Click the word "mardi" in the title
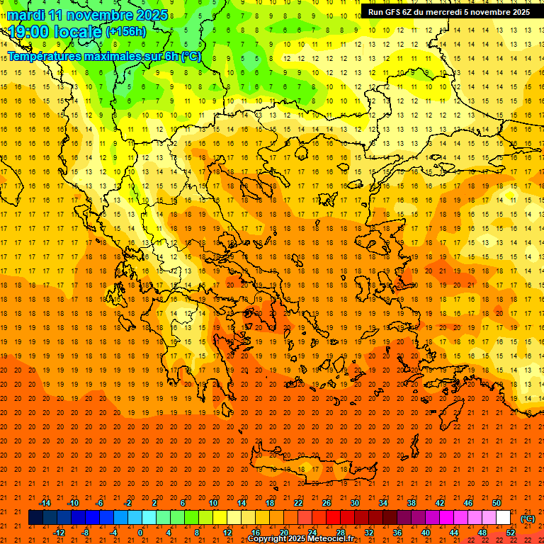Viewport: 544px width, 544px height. [29, 15]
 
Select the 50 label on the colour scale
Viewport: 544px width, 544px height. [497, 503]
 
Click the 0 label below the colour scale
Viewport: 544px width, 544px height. [140, 533]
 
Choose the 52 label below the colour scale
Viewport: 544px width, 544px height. [511, 533]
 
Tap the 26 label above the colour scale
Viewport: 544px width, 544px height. [327, 503]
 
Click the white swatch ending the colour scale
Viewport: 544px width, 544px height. [503, 518]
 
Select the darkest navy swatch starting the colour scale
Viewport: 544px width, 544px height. [35, 518]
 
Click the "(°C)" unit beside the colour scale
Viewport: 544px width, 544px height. [527, 518]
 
